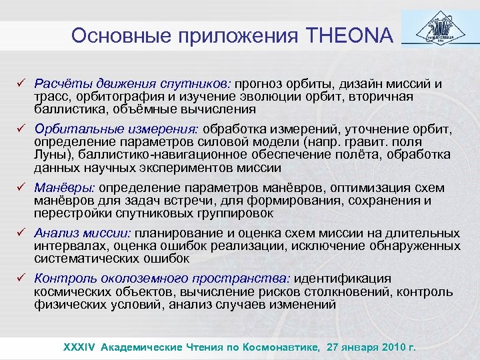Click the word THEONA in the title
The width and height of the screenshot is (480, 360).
[x=353, y=35]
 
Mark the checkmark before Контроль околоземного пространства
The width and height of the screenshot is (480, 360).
[x=21, y=279]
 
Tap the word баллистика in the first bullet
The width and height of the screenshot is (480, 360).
[x=66, y=109]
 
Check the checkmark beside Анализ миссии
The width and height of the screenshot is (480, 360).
[x=21, y=233]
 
